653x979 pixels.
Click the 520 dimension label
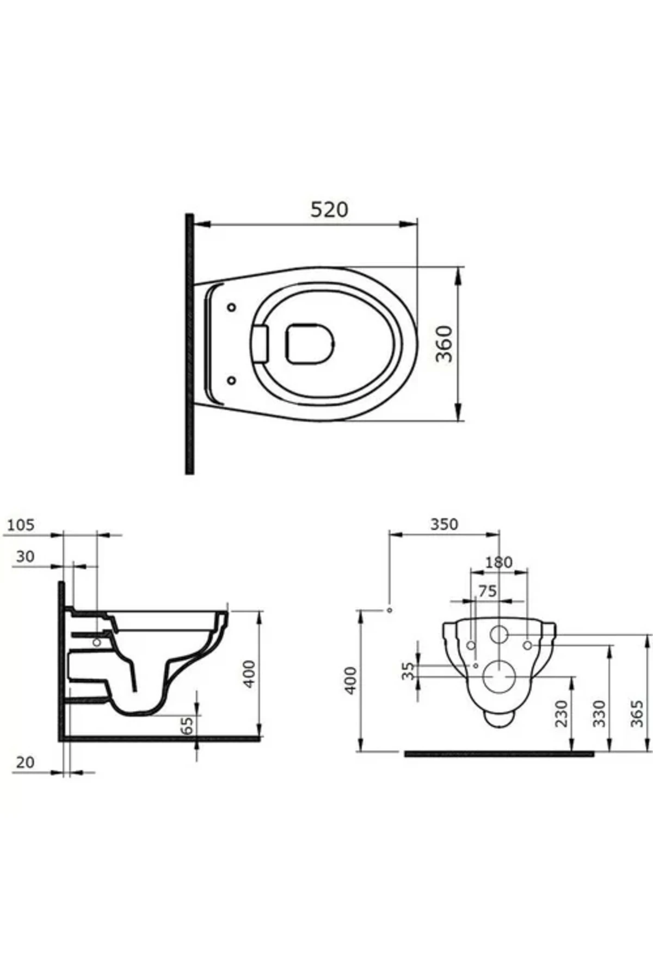pyautogui.click(x=329, y=209)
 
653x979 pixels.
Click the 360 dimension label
pyautogui.click(x=446, y=344)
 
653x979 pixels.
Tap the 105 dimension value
pyautogui.click(x=22, y=525)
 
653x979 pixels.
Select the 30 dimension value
pyautogui.click(x=25, y=556)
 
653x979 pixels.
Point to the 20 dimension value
pyautogui.click(x=25, y=763)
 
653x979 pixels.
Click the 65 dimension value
pyautogui.click(x=187, y=726)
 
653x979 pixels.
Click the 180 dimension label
pyautogui.click(x=498, y=562)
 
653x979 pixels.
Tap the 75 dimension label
pyautogui.click(x=488, y=591)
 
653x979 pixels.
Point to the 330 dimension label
pyautogui.click(x=599, y=714)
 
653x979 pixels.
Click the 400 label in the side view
pyautogui.click(x=249, y=674)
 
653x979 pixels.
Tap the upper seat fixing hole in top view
pyautogui.click(x=231, y=307)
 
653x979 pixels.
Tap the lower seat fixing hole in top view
pyautogui.click(x=231, y=380)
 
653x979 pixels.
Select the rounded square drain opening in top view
pyautogui.click(x=310, y=343)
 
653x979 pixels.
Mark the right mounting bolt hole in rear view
pyautogui.click(x=527, y=645)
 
